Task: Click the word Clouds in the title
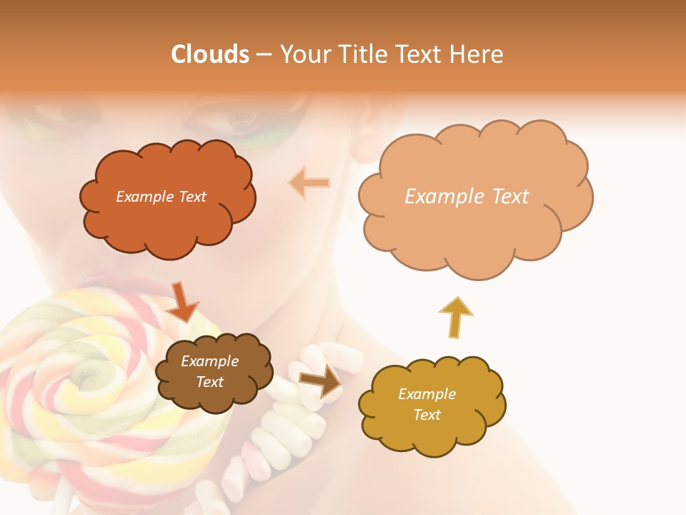coord(210,54)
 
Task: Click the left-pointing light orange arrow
coord(309,183)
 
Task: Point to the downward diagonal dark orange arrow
coord(184,302)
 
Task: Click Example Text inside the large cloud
coord(467,196)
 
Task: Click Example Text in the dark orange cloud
coord(161,196)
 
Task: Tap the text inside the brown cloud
coord(209,372)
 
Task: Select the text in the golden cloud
coord(427,404)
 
